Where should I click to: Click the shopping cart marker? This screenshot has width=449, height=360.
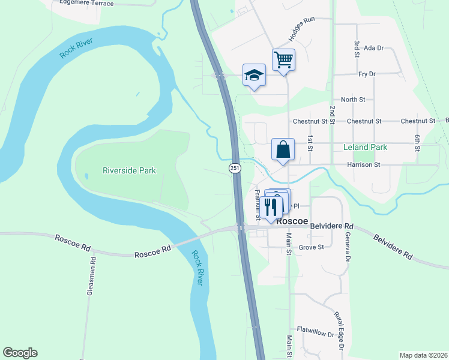tap(283, 60)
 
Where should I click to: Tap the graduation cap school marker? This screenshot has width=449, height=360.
tap(254, 76)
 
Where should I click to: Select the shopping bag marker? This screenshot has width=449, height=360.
tap(283, 150)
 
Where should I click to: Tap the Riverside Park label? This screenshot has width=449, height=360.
tap(130, 171)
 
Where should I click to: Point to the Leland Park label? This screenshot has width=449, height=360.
tap(365, 147)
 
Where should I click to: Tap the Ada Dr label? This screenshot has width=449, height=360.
tap(373, 48)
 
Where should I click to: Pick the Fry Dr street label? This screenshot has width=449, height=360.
tap(366, 74)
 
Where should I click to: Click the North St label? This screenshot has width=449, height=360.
tap(353, 100)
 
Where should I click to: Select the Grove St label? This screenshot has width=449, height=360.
tap(312, 247)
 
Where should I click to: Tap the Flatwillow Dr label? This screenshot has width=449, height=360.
tap(315, 331)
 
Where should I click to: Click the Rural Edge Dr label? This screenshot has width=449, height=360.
tap(339, 331)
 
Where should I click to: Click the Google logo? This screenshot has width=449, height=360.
tap(20, 353)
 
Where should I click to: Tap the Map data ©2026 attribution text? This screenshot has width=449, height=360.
tap(423, 355)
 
